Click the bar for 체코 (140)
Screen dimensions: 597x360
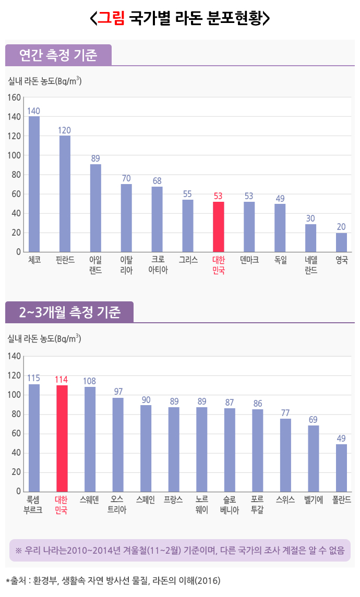point(34,184)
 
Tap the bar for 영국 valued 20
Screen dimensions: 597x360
point(341,242)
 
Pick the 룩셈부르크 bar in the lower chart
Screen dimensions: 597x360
point(34,438)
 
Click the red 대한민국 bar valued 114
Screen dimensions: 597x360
point(62,438)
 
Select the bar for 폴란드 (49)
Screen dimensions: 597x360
point(341,468)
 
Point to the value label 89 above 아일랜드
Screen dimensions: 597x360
point(95,159)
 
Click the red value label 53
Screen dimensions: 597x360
point(219,196)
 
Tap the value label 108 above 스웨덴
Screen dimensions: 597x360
point(90,381)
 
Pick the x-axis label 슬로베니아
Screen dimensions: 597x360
point(230,505)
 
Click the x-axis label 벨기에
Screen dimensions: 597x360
point(313,499)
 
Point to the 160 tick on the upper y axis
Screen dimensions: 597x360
point(14,98)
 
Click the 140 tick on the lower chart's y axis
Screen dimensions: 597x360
point(14,357)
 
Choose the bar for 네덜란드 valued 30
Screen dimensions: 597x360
point(310,238)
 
